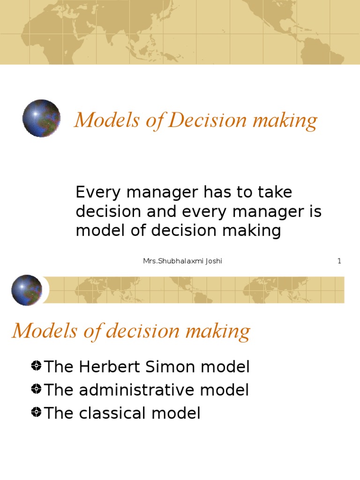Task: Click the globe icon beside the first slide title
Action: (41, 118)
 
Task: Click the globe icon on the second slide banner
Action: (27, 290)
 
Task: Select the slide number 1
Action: (339, 261)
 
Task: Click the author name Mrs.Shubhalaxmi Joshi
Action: (182, 261)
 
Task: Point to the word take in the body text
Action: (276, 193)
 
